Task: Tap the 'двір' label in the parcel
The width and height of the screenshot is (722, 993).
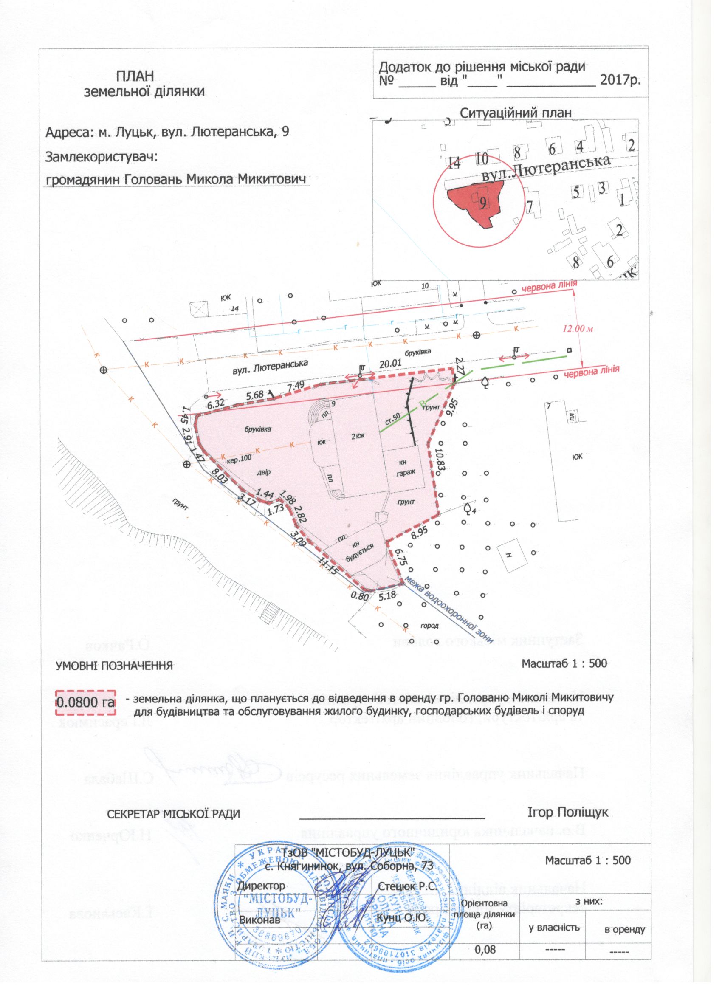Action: (x=264, y=472)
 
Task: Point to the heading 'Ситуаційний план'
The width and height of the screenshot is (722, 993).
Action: (x=516, y=113)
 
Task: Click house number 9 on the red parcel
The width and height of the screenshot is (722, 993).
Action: (x=482, y=202)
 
